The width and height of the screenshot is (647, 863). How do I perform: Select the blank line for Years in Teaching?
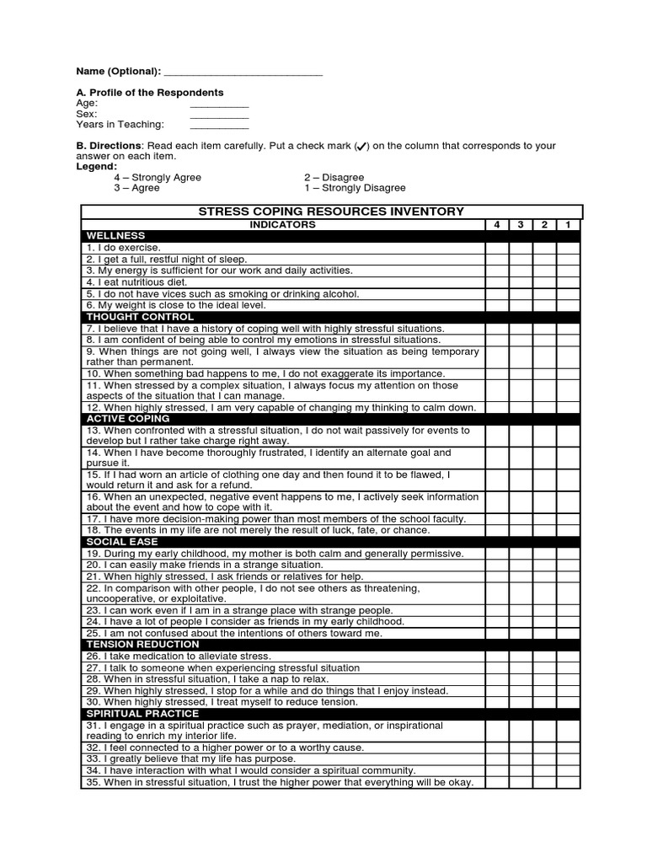coord(219,126)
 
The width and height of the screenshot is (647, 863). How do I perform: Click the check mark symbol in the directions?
coord(361,147)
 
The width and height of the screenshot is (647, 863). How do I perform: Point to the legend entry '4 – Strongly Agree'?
coord(158,178)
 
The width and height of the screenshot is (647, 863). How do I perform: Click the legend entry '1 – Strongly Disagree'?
coord(355,189)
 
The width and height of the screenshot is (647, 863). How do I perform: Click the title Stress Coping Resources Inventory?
coord(330,212)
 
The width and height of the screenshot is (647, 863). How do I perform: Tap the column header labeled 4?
coord(497,225)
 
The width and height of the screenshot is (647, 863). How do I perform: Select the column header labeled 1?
coord(568,225)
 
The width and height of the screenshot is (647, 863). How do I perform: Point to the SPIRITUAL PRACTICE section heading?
coord(142,714)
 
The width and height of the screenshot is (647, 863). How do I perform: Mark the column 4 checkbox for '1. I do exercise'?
coord(497,248)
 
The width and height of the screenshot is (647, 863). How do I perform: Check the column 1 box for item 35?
coord(568,782)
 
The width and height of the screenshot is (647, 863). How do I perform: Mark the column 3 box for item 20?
coord(521,565)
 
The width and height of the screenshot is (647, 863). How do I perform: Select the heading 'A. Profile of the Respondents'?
coord(150,93)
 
